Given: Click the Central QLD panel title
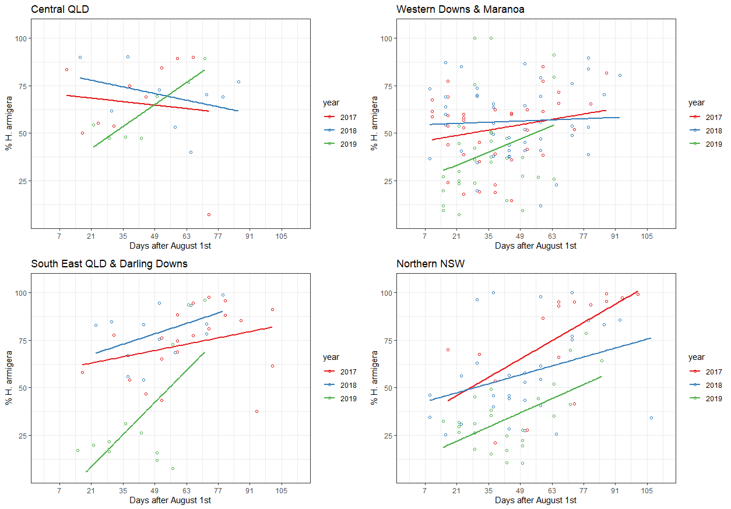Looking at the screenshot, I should click(x=60, y=9).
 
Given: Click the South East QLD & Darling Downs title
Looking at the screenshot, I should click(x=109, y=264).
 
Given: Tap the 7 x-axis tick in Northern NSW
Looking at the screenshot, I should click(x=425, y=490).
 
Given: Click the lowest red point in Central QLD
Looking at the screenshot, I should click(x=209, y=215).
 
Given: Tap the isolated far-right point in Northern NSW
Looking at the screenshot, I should click(x=651, y=418).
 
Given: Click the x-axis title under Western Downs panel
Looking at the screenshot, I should click(x=535, y=246).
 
